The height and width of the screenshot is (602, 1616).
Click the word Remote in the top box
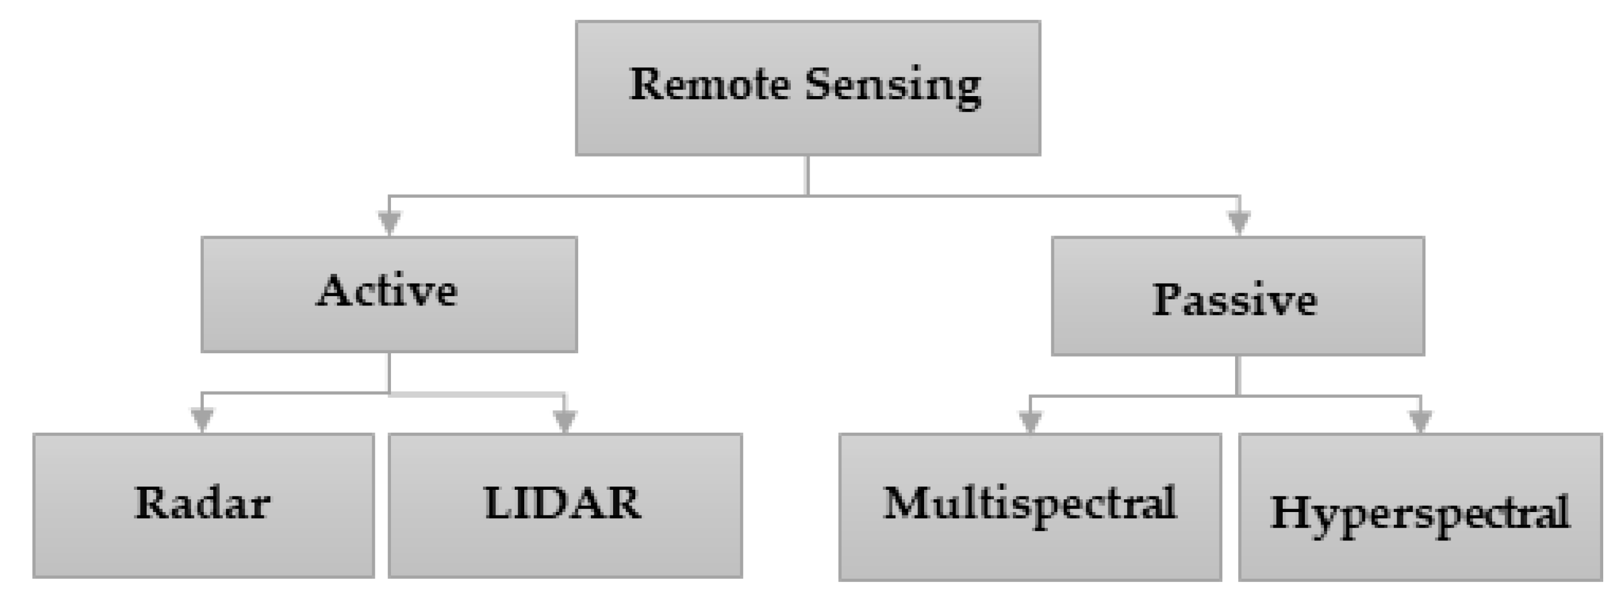[709, 84]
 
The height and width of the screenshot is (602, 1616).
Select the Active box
[389, 294]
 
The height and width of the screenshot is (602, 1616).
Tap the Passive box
[1238, 296]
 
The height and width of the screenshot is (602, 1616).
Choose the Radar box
[203, 505]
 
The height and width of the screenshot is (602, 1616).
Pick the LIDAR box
[565, 505]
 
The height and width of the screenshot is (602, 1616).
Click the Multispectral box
[1030, 506]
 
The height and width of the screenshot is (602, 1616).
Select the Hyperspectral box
[1421, 506]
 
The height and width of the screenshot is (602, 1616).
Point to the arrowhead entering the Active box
[390, 222]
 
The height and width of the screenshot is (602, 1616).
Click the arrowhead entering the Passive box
[1239, 222]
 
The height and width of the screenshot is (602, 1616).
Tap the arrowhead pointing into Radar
[202, 419]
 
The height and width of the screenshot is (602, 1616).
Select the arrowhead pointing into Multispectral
[1030, 421]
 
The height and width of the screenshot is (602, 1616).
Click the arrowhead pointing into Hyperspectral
[1421, 420]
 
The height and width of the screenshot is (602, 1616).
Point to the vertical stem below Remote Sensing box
[807, 175]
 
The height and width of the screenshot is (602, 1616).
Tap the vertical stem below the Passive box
[1238, 375]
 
